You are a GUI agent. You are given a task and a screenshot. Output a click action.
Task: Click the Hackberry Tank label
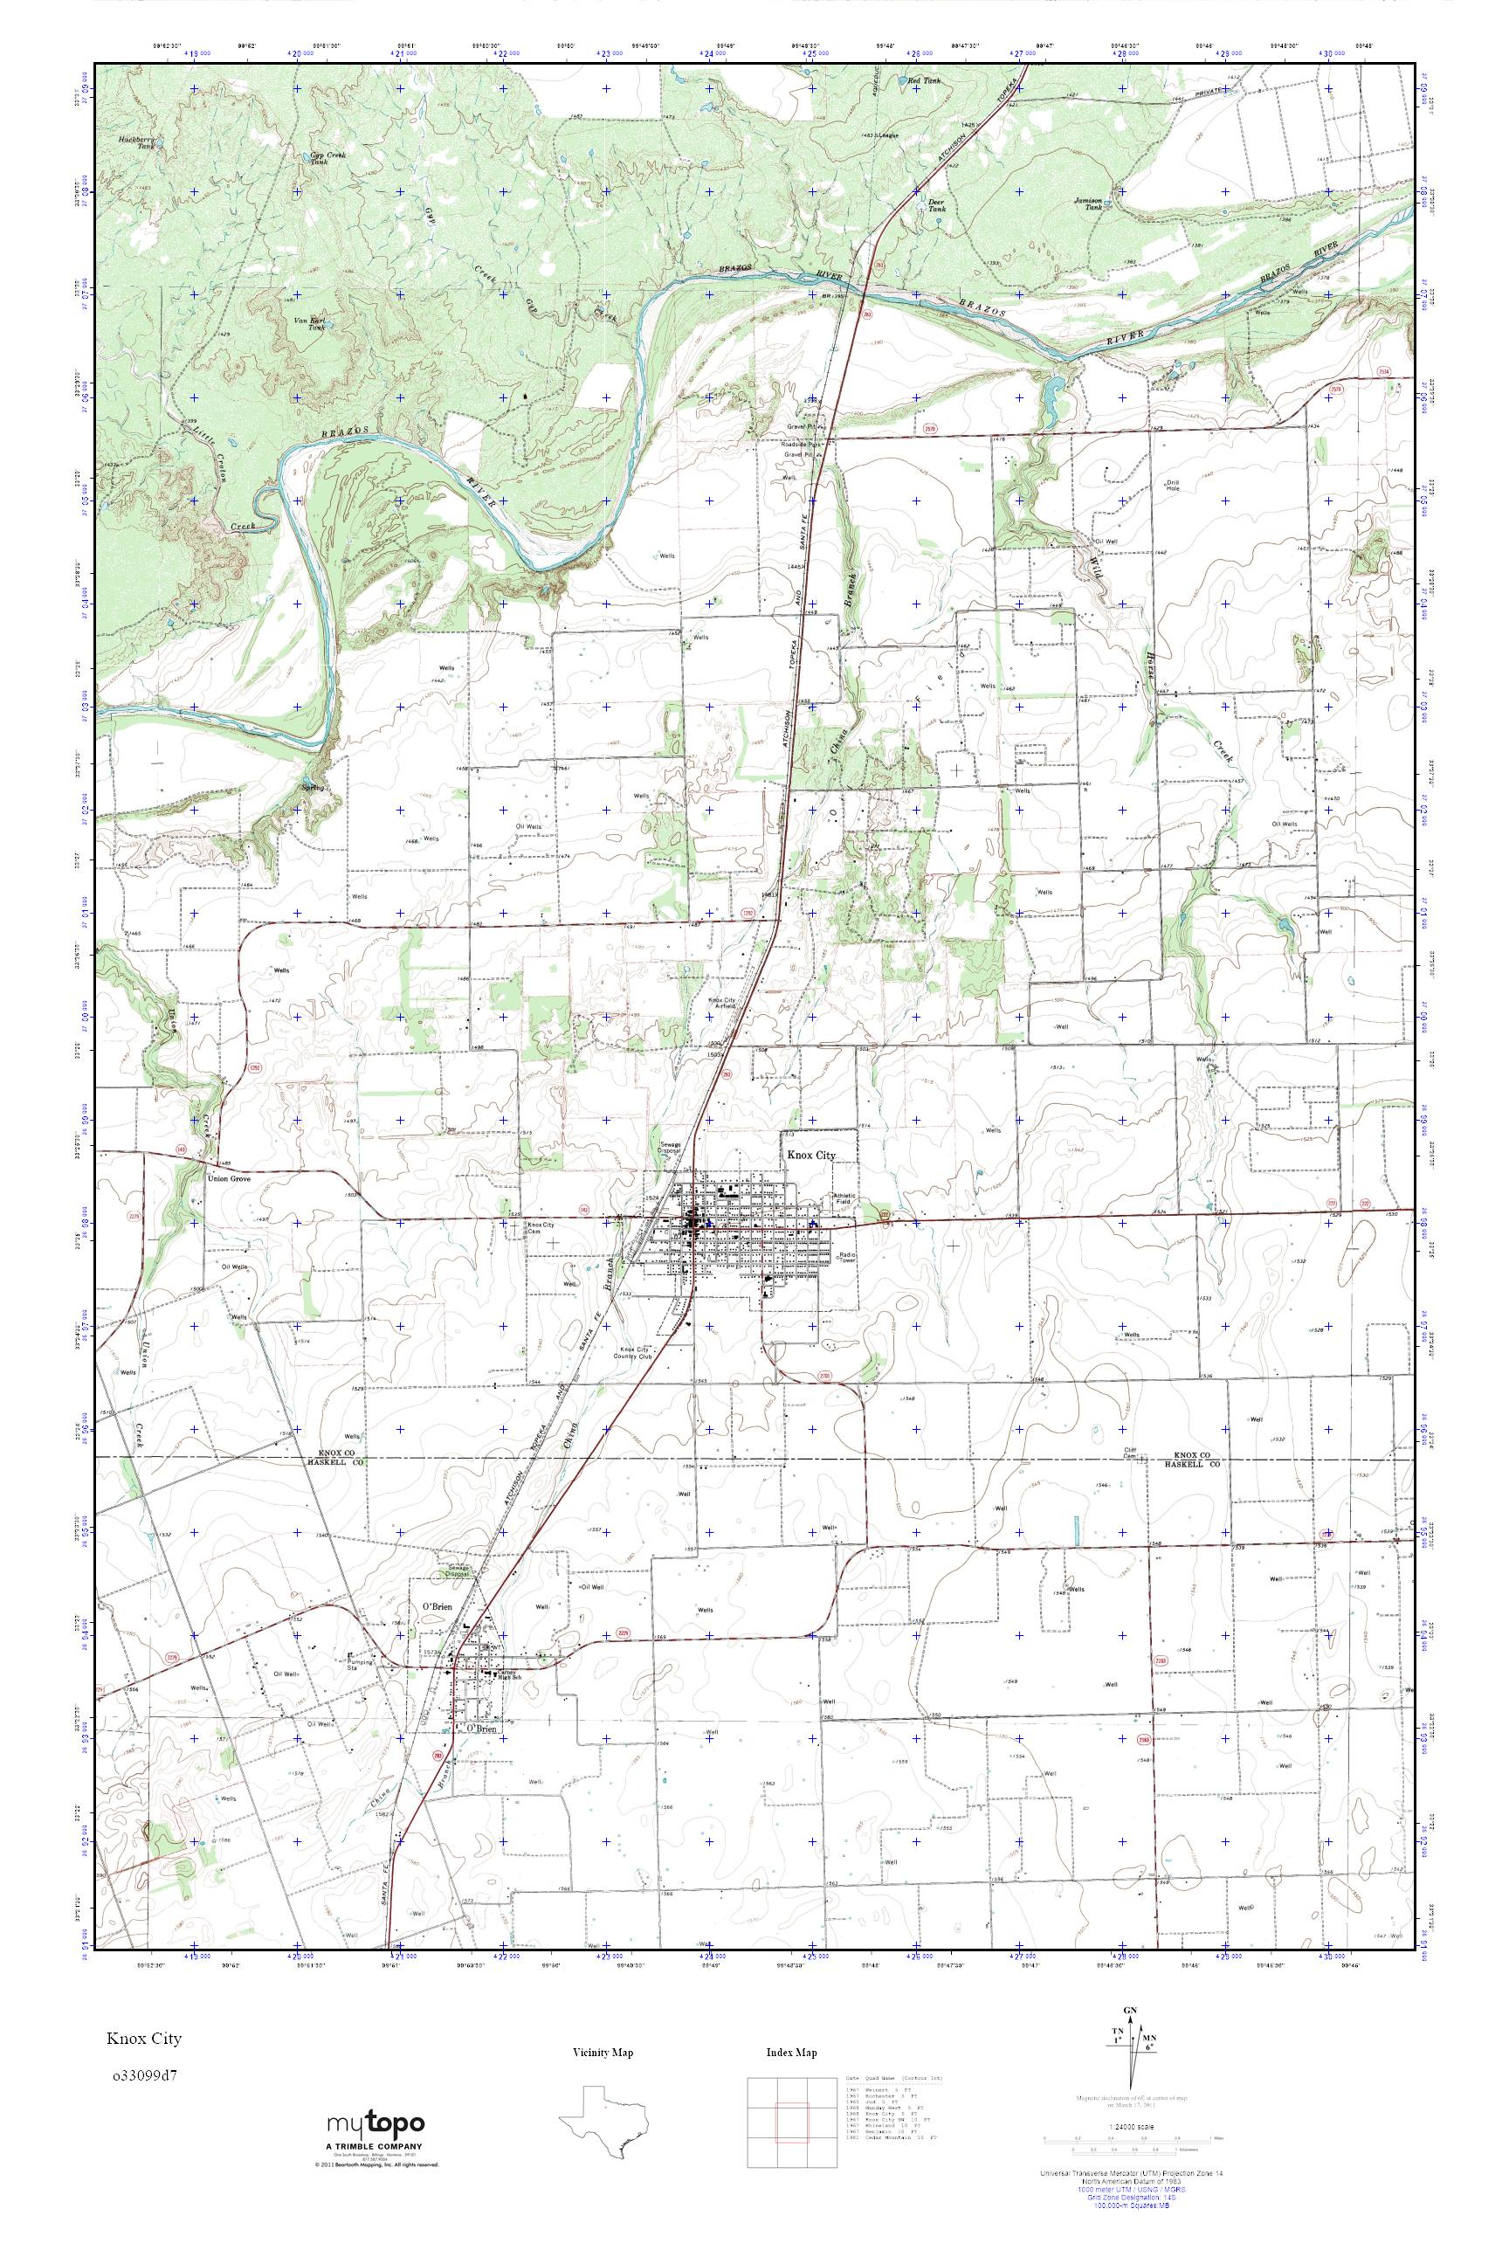pyautogui.click(x=138, y=141)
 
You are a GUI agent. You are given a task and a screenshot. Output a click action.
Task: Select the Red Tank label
pyautogui.click(x=925, y=82)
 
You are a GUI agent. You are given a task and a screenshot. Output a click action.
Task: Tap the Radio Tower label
pyautogui.click(x=848, y=1258)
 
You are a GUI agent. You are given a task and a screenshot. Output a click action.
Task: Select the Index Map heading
pyautogui.click(x=791, y=2053)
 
